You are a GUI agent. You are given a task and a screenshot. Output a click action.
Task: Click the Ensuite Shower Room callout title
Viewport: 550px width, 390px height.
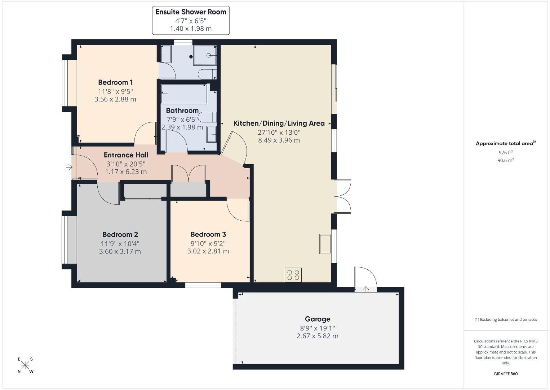click(191, 12)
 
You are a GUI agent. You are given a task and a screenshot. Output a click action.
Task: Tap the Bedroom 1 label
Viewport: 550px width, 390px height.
click(115, 82)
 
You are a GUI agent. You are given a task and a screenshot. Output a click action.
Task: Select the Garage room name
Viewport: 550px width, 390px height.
click(318, 319)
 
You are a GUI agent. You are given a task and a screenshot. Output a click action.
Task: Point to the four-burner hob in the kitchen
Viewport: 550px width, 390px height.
click(293, 275)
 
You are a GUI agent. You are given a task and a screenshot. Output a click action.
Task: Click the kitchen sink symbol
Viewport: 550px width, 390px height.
click(325, 244)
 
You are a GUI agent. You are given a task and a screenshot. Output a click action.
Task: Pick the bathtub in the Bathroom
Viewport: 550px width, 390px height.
click(184, 94)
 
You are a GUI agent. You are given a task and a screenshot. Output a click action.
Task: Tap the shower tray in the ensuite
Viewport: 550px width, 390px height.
click(205, 55)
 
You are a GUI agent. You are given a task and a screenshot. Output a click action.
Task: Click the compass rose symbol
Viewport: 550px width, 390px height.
click(25, 365)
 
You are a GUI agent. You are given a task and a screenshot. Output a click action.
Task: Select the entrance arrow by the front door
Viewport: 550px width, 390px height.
click(69, 168)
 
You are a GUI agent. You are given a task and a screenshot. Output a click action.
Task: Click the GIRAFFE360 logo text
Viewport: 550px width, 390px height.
click(506, 374)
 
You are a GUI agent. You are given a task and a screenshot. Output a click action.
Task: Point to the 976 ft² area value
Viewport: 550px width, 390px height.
click(506, 152)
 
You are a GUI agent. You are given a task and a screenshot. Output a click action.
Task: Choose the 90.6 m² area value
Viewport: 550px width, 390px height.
click(506, 160)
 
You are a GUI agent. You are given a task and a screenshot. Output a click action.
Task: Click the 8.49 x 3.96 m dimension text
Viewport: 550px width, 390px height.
click(279, 140)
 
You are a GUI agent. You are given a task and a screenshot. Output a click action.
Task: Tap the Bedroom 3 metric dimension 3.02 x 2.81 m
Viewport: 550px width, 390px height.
click(208, 251)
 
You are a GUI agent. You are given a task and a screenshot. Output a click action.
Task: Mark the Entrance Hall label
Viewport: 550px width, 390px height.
click(126, 155)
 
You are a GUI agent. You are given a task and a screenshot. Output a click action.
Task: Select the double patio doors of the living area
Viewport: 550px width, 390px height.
click(342, 196)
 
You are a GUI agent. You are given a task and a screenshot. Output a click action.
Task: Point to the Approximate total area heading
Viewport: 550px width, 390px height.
click(506, 143)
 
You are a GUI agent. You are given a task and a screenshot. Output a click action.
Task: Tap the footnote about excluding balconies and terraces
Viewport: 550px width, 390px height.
click(506, 319)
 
